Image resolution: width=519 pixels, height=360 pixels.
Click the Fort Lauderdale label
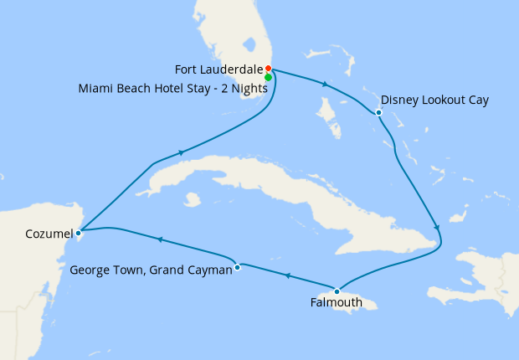point(218,69)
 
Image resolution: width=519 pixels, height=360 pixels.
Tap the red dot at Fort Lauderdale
point(268,69)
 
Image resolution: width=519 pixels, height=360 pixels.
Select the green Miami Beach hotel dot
point(268,77)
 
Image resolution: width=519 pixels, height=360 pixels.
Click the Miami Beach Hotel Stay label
point(167,86)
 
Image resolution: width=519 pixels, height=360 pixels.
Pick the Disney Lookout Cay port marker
point(379,112)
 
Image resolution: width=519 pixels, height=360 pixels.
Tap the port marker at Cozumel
point(78,232)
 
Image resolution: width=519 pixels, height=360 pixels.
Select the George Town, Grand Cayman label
point(151,270)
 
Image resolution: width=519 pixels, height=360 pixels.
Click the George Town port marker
point(238,267)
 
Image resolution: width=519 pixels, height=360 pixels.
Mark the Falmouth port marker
point(337,290)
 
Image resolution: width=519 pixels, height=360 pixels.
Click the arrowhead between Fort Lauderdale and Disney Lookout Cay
point(325,84)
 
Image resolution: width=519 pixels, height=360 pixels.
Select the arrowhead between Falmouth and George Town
point(287,275)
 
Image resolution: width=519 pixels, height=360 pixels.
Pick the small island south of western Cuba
point(194,200)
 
